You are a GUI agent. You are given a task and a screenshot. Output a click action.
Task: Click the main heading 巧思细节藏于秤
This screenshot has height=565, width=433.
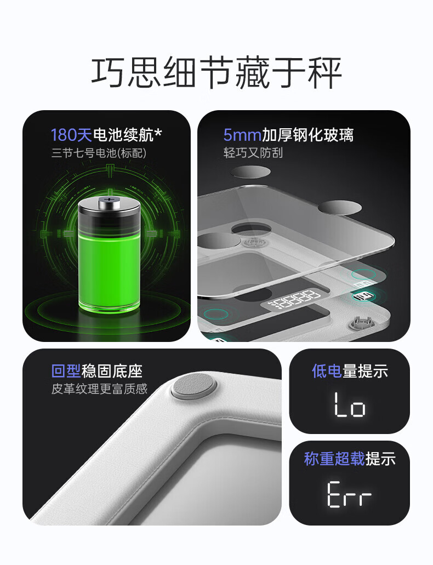[216, 72]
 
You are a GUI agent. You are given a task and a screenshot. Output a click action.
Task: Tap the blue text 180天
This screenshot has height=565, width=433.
[71, 135]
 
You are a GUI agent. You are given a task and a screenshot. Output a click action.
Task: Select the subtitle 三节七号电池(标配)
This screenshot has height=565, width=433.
[99, 153]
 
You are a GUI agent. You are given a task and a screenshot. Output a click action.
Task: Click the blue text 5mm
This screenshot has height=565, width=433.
[242, 135]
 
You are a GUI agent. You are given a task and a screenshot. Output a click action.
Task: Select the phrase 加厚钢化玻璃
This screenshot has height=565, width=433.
[307, 135]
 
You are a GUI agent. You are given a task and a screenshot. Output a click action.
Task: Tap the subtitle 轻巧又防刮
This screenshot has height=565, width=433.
[253, 153]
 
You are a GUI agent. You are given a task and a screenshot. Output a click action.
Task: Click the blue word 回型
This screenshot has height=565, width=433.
[66, 371]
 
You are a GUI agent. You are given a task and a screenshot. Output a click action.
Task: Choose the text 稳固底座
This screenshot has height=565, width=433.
[112, 371]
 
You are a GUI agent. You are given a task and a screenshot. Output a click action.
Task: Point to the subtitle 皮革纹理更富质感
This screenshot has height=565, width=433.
[100, 389]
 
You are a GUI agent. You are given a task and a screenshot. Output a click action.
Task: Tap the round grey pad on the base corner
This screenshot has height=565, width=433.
[194, 386]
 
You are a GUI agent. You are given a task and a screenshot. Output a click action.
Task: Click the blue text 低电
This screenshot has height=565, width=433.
[327, 371]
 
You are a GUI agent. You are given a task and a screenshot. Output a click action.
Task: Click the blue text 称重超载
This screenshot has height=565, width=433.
[334, 459]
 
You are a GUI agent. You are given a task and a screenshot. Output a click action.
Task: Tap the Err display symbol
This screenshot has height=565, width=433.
[349, 494]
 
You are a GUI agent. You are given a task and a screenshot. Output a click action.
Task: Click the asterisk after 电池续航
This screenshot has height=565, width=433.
[158, 133]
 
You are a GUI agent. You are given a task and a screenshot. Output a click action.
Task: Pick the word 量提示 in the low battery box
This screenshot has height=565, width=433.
[365, 371]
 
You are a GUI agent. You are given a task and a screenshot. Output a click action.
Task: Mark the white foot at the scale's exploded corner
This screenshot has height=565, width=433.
[361, 322]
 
